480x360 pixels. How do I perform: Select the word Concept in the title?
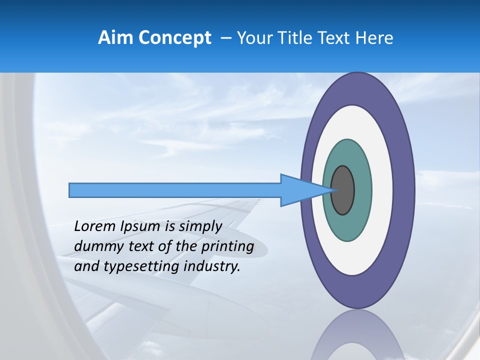pos(174,38)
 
